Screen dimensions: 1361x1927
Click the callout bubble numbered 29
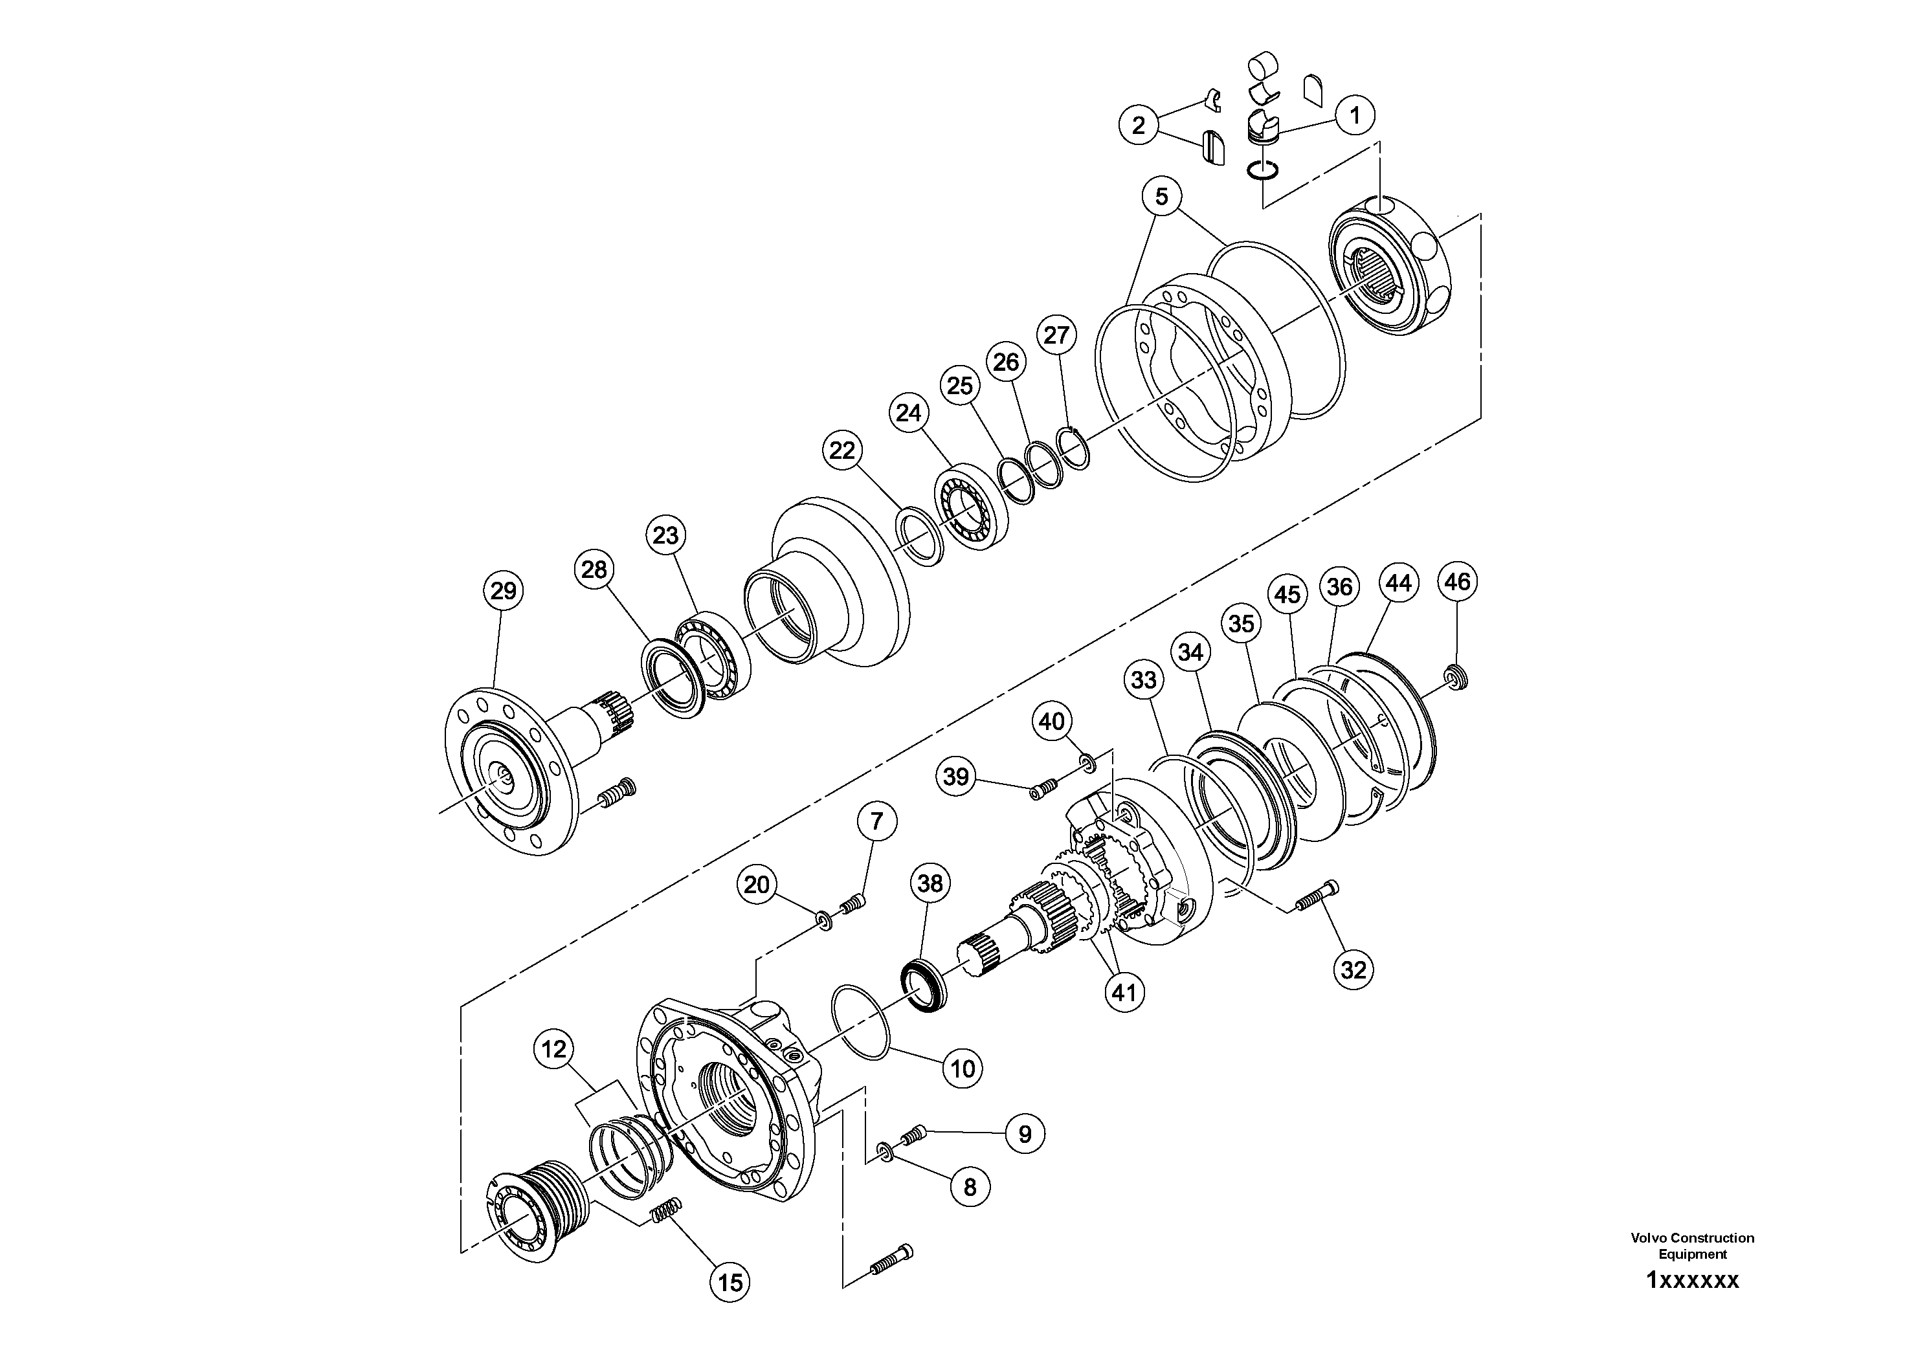point(503,591)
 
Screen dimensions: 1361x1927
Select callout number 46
point(1457,582)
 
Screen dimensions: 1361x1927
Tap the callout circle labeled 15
point(730,1282)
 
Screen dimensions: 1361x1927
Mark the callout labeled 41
point(1124,993)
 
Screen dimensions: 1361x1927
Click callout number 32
point(1353,970)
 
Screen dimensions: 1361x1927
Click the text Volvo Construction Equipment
point(1692,1245)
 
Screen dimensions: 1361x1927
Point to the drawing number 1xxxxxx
point(1692,1281)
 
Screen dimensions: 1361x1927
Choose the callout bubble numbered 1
point(1355,115)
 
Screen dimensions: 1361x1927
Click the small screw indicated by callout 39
point(1044,789)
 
